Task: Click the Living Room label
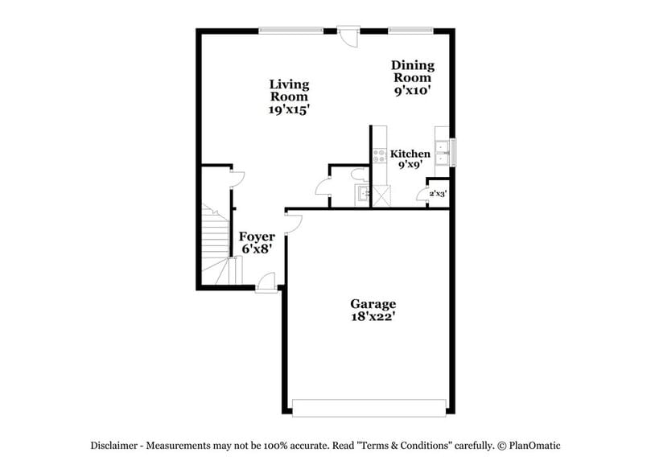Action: coord(289,90)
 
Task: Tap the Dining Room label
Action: coord(412,72)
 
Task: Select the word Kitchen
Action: coord(410,154)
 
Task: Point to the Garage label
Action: coord(373,304)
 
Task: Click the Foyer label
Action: coord(257,237)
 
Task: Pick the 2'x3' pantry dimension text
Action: coord(437,194)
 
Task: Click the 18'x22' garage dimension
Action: coord(373,317)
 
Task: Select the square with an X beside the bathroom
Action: coord(381,195)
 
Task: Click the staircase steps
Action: coord(216,241)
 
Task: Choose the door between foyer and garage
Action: coord(292,223)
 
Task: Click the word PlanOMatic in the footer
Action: coord(531,446)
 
